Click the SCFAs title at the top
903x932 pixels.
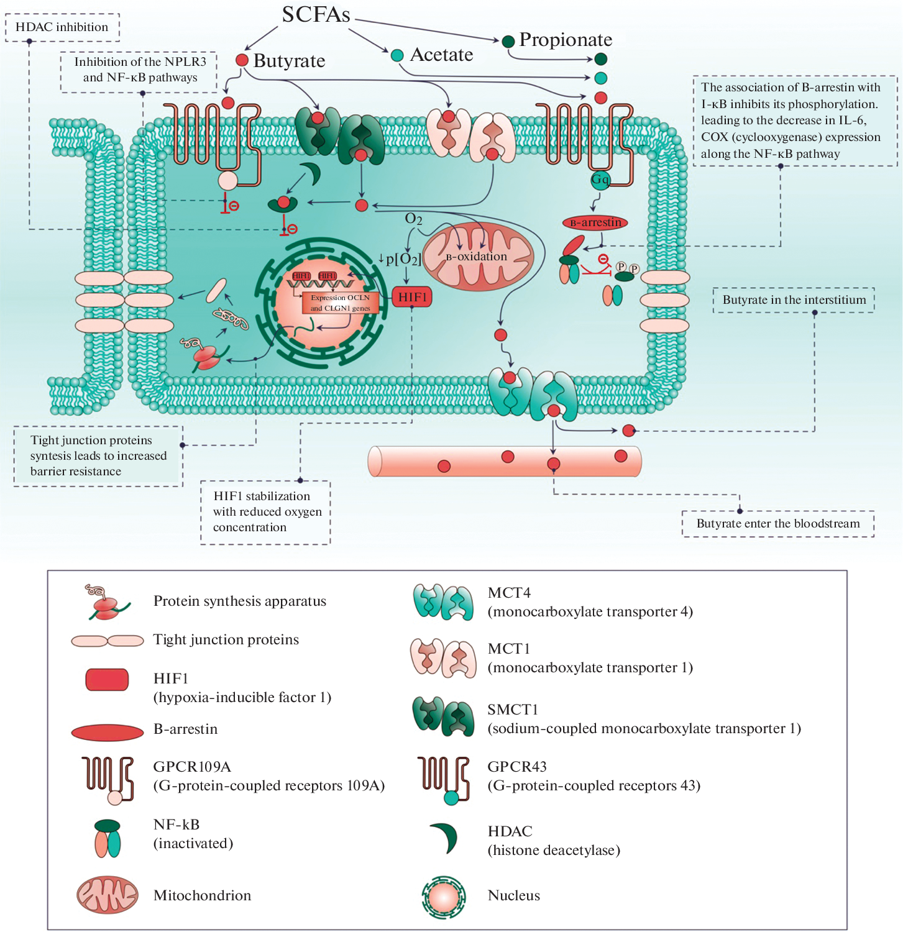(x=316, y=14)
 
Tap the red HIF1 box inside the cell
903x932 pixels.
(x=412, y=297)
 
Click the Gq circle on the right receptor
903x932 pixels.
(x=600, y=180)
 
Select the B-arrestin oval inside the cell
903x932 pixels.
(x=595, y=222)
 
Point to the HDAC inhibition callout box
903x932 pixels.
(x=62, y=27)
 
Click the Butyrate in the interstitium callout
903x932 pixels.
(x=794, y=300)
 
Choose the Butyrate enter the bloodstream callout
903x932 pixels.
(x=778, y=524)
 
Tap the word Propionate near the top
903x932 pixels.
(x=566, y=40)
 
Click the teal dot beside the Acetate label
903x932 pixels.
(x=397, y=55)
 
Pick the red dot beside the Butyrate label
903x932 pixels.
(x=242, y=60)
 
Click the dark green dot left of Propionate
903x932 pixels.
(x=508, y=41)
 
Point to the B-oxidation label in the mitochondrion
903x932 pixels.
(x=477, y=257)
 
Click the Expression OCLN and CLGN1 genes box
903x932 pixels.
(x=340, y=303)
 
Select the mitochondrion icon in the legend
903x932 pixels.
(x=107, y=895)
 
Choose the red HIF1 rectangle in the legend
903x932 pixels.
(x=107, y=680)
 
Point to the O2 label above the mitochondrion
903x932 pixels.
(x=413, y=219)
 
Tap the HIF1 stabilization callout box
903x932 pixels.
(x=266, y=512)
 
